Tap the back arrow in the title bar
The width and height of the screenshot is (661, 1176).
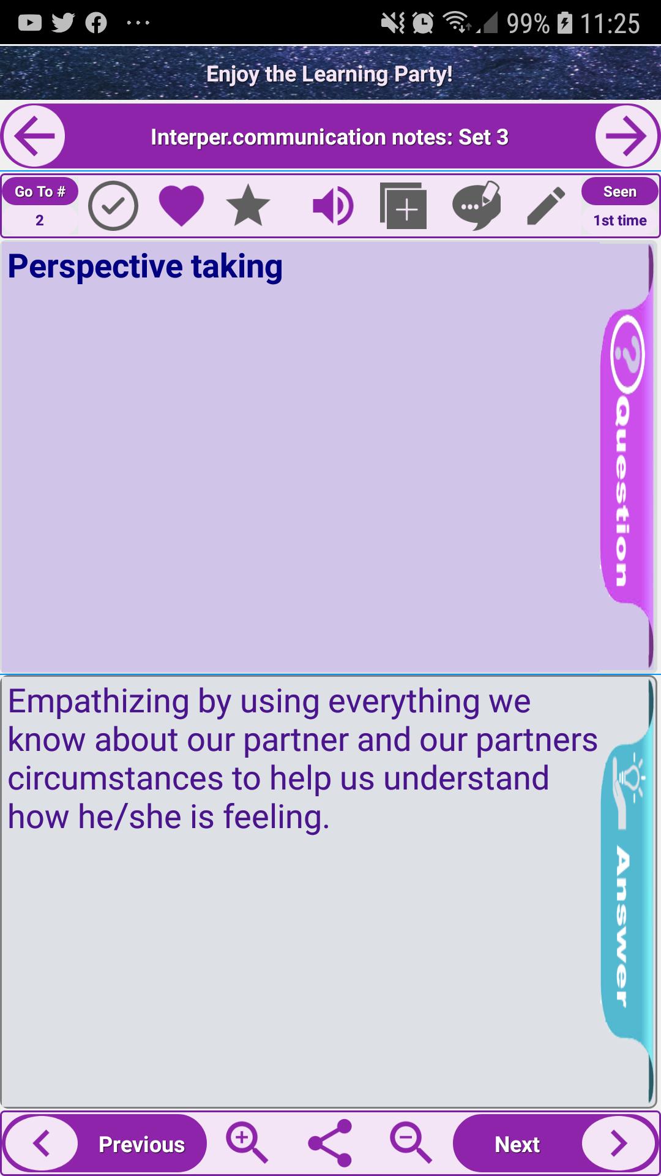[34, 136]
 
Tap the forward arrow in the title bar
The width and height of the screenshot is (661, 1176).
[627, 136]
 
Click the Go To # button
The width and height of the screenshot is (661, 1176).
[40, 192]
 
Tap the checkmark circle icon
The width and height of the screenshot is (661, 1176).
[113, 206]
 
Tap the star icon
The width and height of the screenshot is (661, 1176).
[248, 206]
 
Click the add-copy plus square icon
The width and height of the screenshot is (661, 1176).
[403, 206]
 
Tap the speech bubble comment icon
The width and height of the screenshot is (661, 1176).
[476, 206]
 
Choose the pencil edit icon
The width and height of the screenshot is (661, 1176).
[546, 206]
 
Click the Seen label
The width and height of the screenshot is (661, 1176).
[620, 192]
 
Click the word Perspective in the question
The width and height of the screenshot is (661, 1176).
[95, 267]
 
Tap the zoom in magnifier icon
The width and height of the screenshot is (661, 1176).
[247, 1143]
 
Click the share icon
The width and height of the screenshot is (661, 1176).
[330, 1143]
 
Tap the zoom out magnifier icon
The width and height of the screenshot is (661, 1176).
[411, 1143]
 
